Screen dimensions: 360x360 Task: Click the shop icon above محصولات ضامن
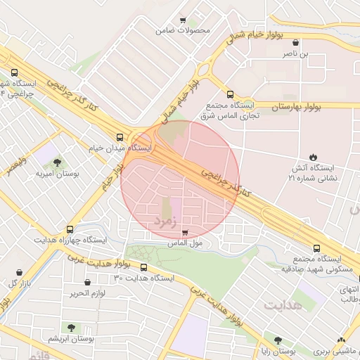coord(184,20)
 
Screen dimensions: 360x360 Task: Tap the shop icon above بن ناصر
coord(295,43)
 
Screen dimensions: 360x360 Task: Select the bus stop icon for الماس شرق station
coord(230,94)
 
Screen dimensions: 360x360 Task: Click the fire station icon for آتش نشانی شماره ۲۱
coord(313,157)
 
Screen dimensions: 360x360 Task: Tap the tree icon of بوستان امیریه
coord(57,162)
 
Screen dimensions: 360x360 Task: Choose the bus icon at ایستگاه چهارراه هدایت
coord(70,229)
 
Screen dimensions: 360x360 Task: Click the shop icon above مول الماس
coord(185,233)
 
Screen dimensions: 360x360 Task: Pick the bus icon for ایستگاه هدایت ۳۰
coord(144,267)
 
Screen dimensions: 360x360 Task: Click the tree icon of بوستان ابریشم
coord(71,328)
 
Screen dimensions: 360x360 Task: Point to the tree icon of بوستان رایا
coord(278,340)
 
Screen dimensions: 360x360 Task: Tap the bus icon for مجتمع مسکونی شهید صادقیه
coord(316,248)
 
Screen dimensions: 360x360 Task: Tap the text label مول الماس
coord(185,243)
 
